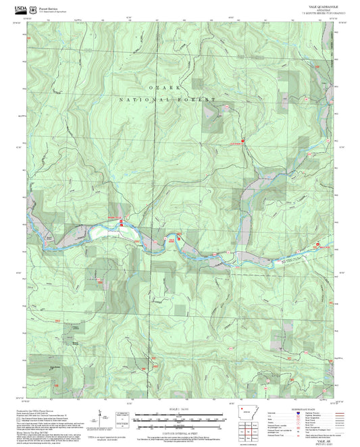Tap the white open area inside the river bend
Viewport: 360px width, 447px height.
pos(105,232)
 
